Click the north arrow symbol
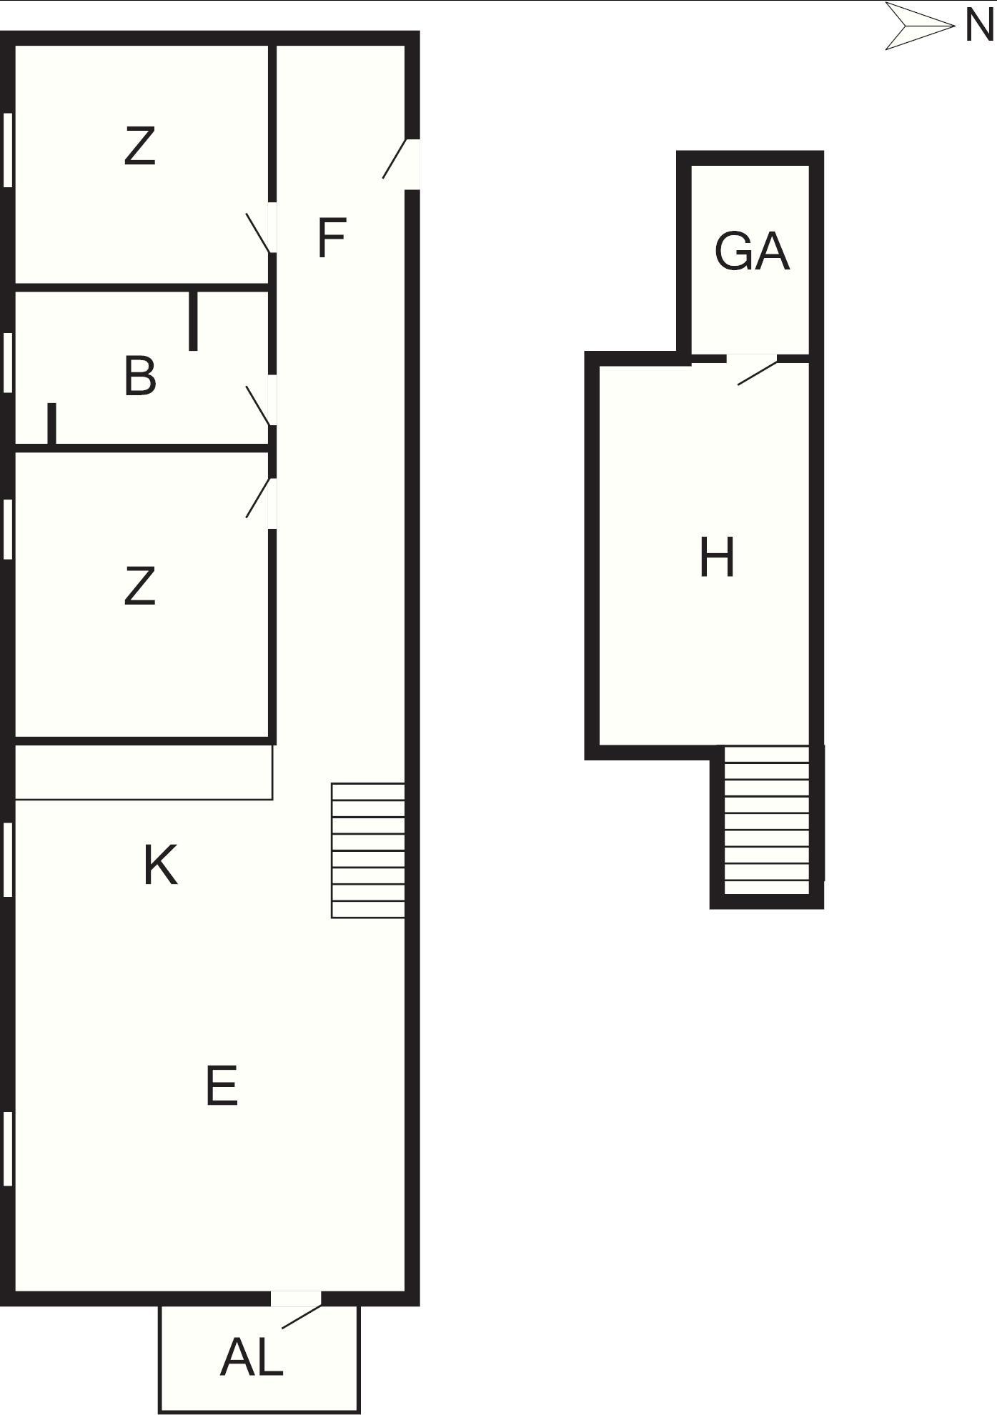921,26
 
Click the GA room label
752,252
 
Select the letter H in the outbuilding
717,557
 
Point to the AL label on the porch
252,1357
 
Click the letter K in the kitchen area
160,865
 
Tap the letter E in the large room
222,1086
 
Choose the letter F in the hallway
332,238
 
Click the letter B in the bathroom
140,376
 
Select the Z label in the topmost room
139,146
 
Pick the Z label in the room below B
139,586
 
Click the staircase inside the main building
368,850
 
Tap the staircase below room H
767,820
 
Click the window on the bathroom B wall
8,362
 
